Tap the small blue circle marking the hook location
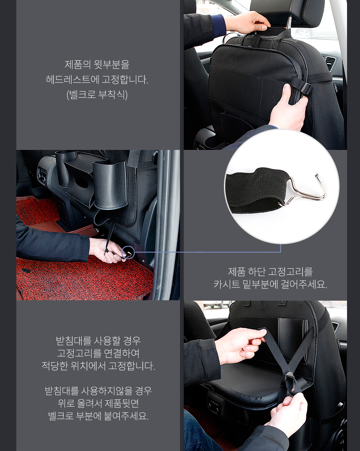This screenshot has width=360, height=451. [x=128, y=253]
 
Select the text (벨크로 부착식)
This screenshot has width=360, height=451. [x=97, y=95]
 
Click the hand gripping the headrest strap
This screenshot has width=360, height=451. [x=247, y=22]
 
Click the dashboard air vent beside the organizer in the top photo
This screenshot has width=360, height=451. [x=330, y=63]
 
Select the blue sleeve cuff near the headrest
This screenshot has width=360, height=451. [x=219, y=25]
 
